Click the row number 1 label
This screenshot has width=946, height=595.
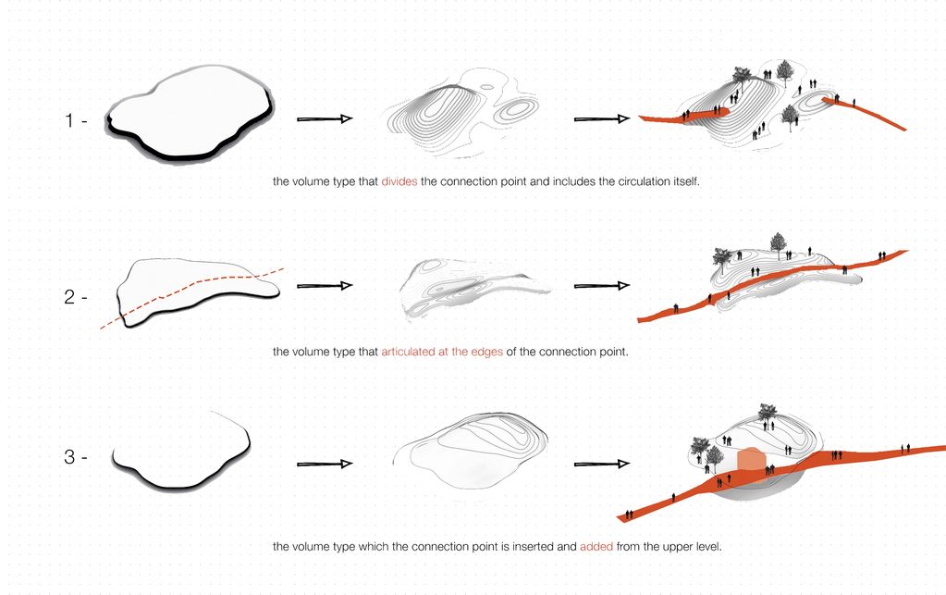tap(70, 120)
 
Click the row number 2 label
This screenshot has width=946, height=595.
tap(70, 299)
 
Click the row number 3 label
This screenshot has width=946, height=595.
tap(70, 457)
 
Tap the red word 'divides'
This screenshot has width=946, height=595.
tap(399, 182)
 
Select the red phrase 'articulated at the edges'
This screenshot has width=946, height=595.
tap(442, 352)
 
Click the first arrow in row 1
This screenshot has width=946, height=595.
tap(324, 119)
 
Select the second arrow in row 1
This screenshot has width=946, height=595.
tap(601, 119)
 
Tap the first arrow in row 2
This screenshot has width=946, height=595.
tap(324, 286)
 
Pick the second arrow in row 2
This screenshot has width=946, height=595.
tap(601, 286)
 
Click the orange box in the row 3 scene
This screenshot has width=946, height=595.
tap(751, 464)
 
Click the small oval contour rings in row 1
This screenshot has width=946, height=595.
tap(515, 112)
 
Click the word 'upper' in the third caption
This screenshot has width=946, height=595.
tap(669, 546)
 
